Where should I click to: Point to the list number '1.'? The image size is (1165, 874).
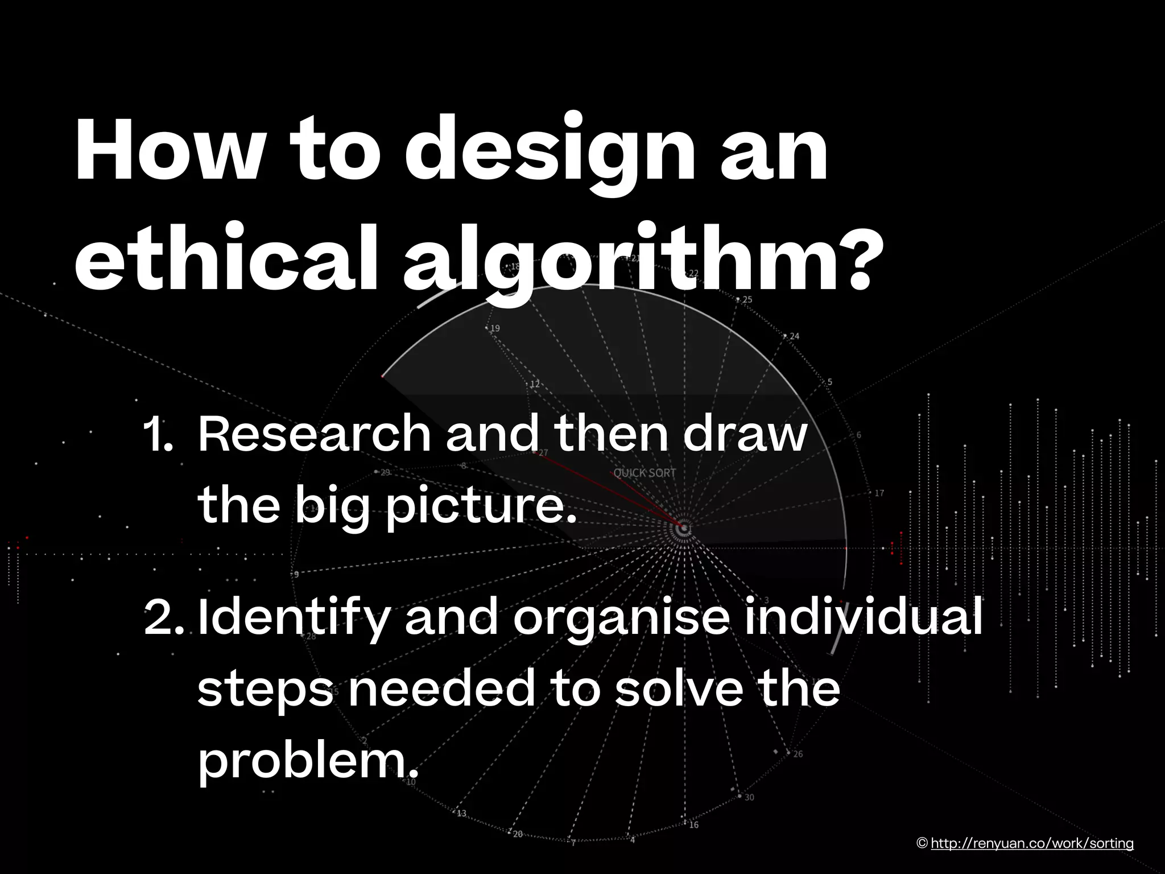pyautogui.click(x=158, y=435)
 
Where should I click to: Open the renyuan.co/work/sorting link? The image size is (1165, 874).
pyautogui.click(x=1032, y=843)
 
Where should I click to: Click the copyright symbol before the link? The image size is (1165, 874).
pyautogui.click(x=923, y=843)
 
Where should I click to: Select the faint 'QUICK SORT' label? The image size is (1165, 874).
pyautogui.click(x=645, y=473)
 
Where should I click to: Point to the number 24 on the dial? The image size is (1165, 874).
pyautogui.click(x=795, y=336)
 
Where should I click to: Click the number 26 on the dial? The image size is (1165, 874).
pyautogui.click(x=798, y=755)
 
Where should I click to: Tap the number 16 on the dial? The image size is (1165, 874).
pyautogui.click(x=694, y=825)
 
